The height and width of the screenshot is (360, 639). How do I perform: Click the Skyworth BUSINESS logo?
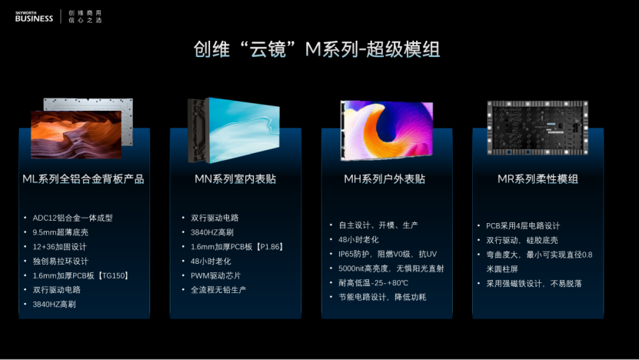34,17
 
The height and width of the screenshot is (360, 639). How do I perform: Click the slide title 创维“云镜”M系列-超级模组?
317,49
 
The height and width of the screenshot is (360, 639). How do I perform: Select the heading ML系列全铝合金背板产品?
83,179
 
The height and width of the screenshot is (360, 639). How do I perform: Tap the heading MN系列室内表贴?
235,179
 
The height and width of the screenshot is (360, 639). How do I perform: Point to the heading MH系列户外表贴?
384,179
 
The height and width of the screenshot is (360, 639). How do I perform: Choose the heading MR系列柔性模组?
537,179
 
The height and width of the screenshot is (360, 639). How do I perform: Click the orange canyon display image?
76,134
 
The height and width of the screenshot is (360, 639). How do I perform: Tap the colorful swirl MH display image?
387,131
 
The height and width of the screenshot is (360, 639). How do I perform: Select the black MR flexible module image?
537,128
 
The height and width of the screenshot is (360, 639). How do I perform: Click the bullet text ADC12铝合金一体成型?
72,218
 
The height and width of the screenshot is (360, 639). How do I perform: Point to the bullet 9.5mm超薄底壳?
60,232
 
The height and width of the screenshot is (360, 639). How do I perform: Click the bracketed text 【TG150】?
113,275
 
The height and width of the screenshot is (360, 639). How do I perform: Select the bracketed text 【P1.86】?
269,247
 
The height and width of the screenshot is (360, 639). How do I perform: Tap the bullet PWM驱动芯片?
215,275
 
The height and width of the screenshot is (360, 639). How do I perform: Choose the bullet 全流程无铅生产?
218,290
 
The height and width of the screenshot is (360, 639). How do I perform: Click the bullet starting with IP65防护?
388,254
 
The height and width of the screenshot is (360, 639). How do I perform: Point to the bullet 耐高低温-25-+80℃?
373,283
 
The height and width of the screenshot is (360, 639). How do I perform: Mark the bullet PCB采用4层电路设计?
523,226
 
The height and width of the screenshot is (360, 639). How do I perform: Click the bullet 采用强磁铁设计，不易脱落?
534,284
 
